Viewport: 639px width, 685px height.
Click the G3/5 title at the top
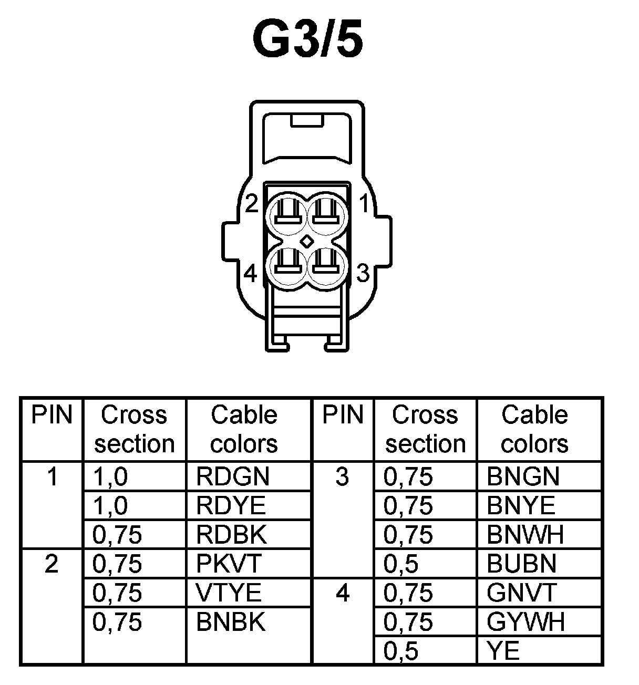(x=308, y=40)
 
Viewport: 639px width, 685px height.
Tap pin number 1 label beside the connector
(x=364, y=204)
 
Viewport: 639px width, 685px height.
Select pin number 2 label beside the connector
(x=252, y=204)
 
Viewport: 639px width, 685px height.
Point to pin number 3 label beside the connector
(x=363, y=273)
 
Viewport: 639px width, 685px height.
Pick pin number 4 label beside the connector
(x=251, y=273)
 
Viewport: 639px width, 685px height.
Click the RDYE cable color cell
(x=231, y=506)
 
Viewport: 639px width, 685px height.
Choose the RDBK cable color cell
(x=231, y=535)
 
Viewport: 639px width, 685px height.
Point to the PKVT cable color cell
(x=229, y=564)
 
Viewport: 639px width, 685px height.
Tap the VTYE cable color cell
(x=229, y=593)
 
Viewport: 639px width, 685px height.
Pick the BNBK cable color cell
(x=231, y=622)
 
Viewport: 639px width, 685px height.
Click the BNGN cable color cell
(x=523, y=477)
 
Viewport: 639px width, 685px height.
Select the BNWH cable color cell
(x=525, y=535)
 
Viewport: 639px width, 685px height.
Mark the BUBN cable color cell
(x=521, y=564)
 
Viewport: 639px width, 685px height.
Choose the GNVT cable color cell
(x=521, y=593)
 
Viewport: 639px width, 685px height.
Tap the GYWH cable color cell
(x=525, y=622)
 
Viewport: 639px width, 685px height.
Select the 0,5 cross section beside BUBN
(x=401, y=564)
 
